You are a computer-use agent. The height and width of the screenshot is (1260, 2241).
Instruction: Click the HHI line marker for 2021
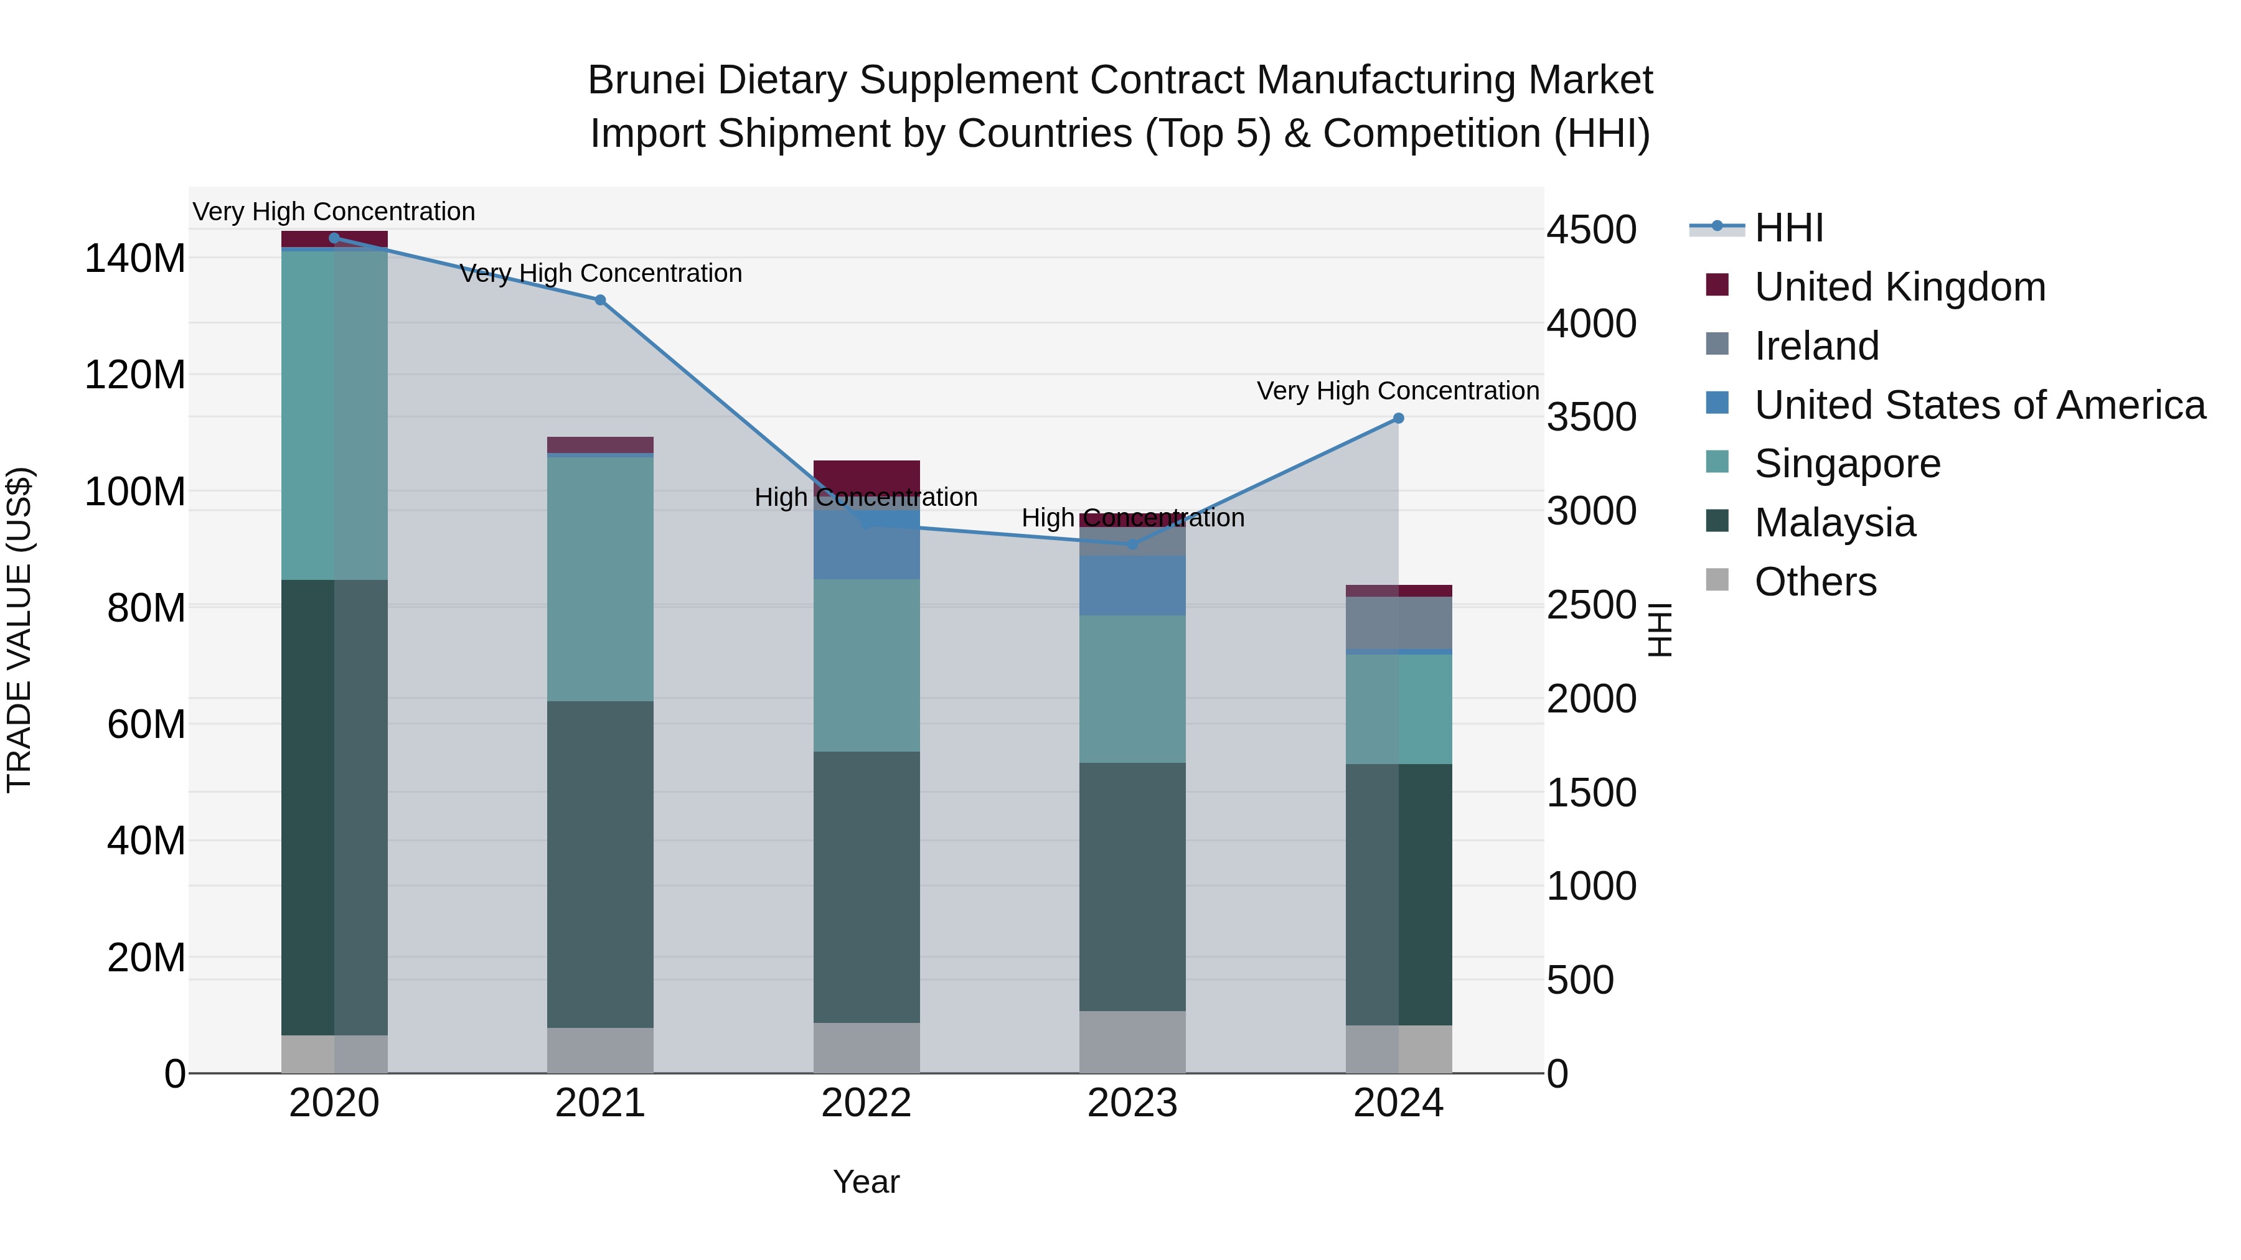pos(599,300)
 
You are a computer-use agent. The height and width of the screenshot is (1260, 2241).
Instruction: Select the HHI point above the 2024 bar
pos(1398,418)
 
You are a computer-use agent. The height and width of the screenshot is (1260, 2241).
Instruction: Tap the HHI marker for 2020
pos(334,238)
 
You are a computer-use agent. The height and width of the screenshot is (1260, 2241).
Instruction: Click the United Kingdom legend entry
pos(1899,287)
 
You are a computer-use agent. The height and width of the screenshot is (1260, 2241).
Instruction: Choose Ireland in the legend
pos(1816,346)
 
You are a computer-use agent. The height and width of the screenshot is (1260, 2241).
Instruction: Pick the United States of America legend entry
pos(1979,405)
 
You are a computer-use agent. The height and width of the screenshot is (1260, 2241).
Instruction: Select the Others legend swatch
pos(1716,579)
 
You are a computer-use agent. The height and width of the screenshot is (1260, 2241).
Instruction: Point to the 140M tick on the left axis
pos(135,259)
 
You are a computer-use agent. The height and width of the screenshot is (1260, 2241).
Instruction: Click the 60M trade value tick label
pos(145,724)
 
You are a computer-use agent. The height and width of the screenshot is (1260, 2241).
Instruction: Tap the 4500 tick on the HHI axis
pos(1591,230)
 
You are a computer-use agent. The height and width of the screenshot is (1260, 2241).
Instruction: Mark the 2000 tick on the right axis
pos(1591,699)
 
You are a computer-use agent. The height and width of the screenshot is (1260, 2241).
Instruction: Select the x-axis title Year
pos(866,1182)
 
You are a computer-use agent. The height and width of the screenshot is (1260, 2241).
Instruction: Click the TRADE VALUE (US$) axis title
pos(19,630)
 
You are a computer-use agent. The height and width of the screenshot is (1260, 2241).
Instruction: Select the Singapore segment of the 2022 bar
pos(866,665)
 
